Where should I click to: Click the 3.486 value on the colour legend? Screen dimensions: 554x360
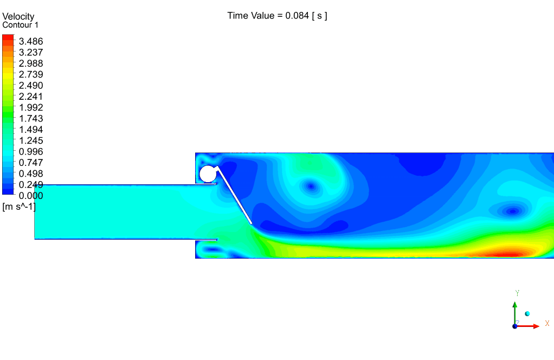31,41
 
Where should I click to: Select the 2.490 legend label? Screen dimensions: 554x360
31,86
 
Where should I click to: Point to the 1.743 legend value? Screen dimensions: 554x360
31,118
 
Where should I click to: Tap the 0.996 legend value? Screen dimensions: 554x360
31,152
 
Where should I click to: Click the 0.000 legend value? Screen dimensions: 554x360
31,196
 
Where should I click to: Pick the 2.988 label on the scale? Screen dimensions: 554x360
31,63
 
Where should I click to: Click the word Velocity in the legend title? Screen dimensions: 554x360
18,17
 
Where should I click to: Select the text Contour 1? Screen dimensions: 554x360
20,25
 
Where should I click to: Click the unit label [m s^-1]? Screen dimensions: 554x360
19,207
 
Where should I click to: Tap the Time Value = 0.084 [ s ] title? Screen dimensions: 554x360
277,16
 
